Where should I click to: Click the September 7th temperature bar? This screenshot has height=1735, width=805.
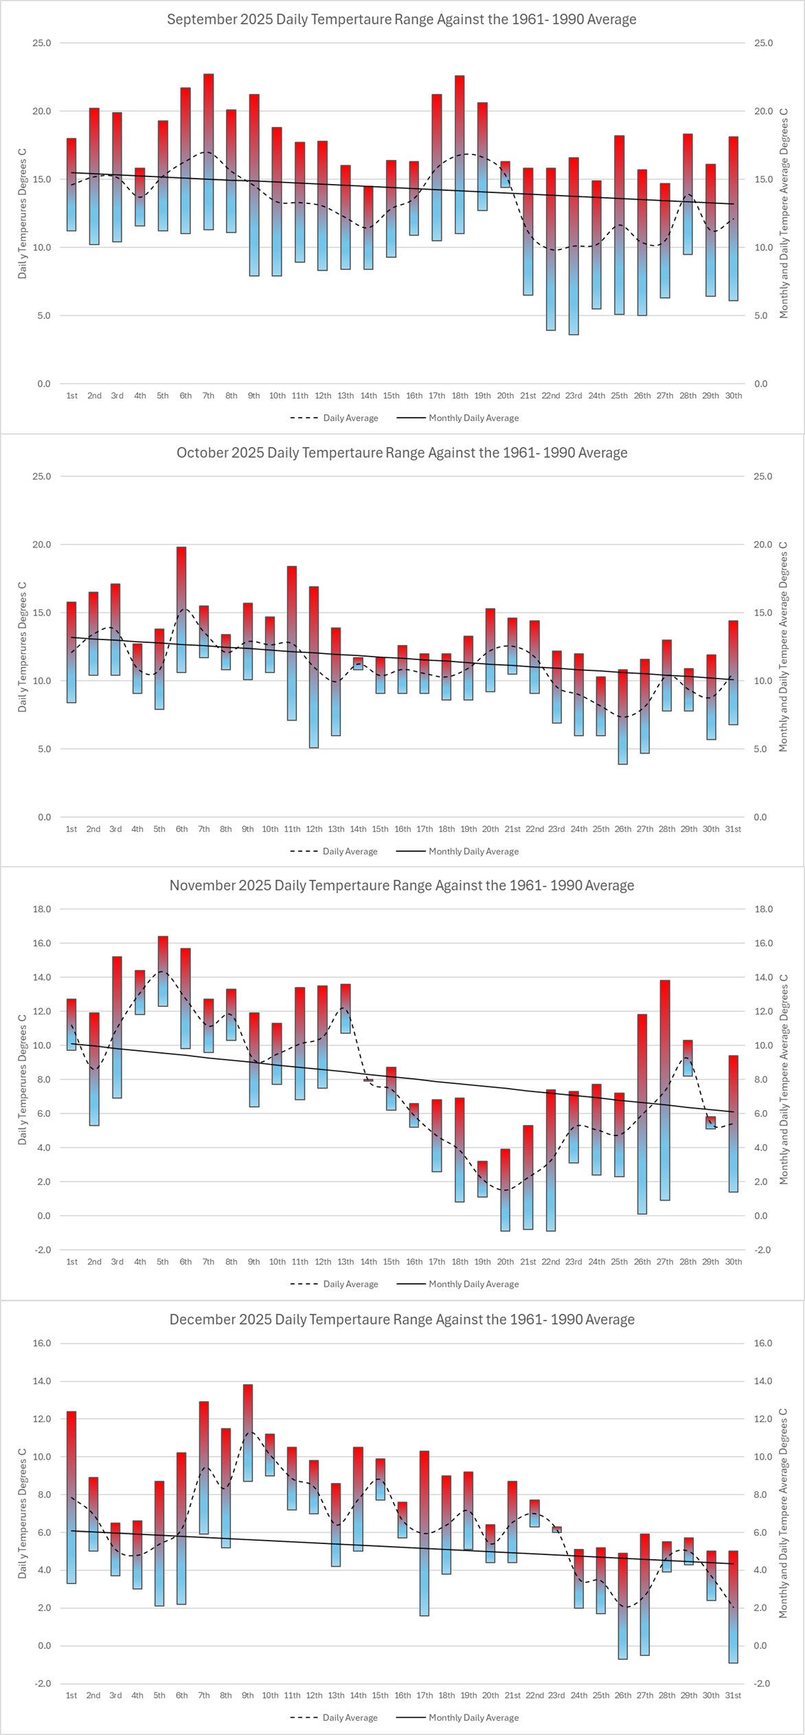209,152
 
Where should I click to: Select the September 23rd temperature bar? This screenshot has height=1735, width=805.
574,246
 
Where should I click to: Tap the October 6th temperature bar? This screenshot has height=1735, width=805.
181,609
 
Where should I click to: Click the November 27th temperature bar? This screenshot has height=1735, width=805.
665,1090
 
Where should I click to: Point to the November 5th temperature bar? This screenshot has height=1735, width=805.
163,971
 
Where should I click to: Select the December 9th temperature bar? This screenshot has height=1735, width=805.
248,1432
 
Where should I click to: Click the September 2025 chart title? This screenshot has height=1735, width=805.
402,19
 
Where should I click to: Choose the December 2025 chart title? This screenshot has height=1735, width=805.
402,1319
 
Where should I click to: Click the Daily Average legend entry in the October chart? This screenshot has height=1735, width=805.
334,851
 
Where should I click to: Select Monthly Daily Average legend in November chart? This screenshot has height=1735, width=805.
457,1284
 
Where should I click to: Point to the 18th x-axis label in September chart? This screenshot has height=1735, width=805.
460,396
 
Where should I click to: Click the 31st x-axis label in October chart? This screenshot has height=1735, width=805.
733,829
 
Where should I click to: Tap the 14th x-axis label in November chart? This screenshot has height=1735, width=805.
369,1262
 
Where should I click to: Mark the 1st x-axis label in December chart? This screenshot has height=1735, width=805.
71,1695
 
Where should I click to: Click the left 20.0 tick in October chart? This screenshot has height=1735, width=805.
42,545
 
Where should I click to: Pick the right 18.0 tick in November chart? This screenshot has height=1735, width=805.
763,909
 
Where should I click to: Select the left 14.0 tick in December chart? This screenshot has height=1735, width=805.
42,1381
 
